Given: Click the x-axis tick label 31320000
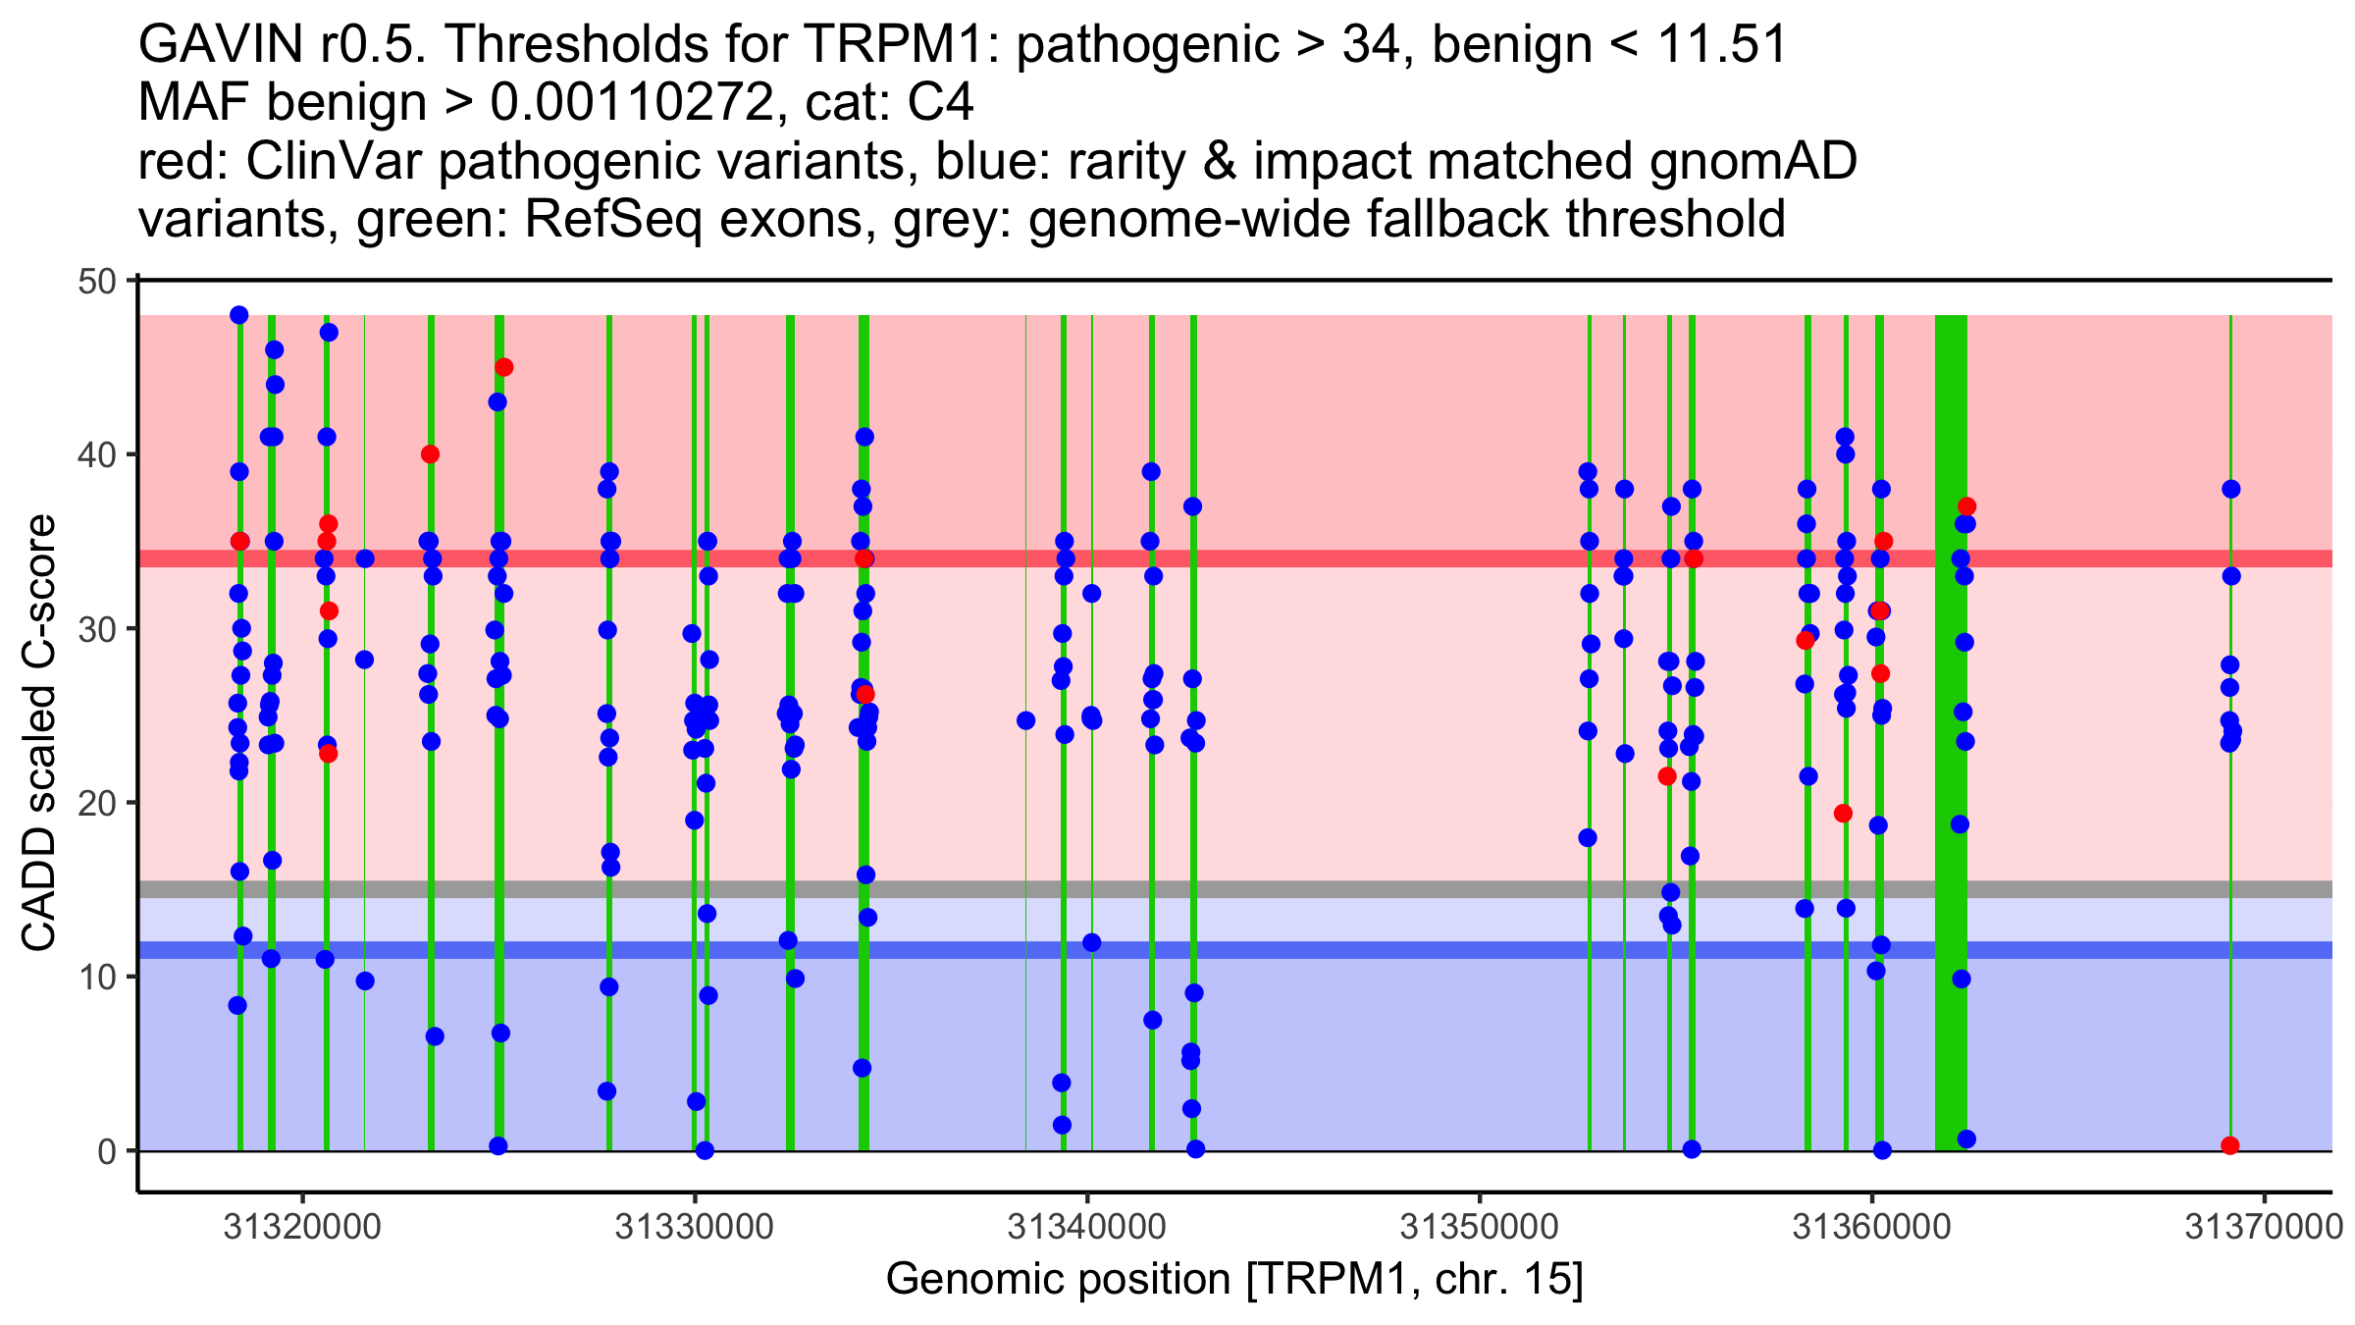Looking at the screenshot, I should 302,1228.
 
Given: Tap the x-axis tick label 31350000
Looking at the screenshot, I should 1479,1228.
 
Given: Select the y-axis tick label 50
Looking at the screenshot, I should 96,282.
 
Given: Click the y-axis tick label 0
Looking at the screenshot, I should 106,1151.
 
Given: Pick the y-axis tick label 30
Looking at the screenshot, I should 96,629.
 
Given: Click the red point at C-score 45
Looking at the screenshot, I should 503,367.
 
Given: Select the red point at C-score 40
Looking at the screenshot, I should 430,454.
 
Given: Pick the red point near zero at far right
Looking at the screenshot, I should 2230,1145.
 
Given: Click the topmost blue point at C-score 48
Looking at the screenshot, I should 239,315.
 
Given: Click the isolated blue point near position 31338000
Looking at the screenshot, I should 1026,720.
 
